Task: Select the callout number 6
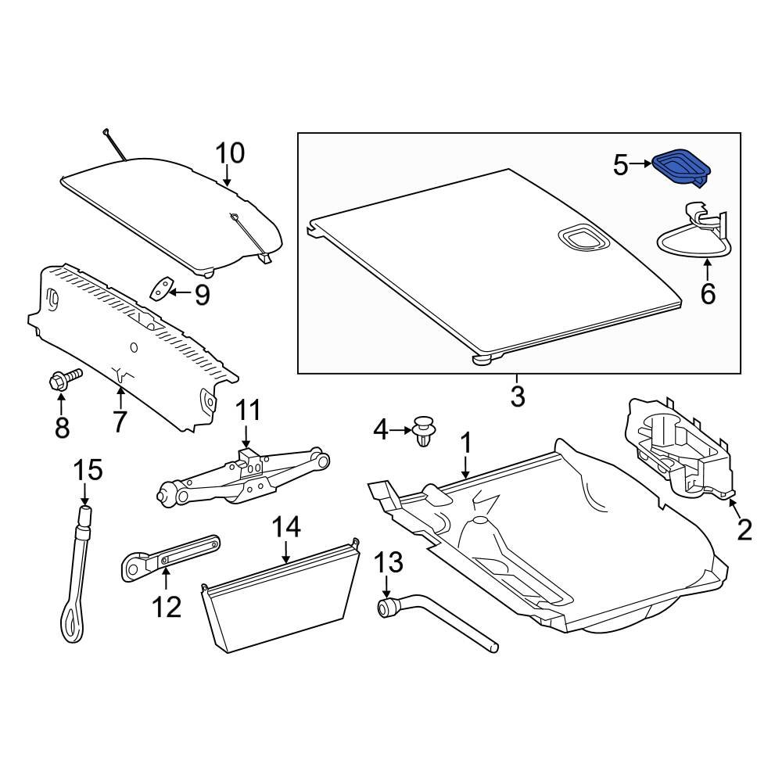708,294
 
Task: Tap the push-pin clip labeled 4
424,432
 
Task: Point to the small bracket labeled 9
160,290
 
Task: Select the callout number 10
230,152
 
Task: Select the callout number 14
286,528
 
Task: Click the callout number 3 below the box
518,396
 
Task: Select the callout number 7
119,421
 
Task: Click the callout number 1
465,443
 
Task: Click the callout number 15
88,471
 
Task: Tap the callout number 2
744,529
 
